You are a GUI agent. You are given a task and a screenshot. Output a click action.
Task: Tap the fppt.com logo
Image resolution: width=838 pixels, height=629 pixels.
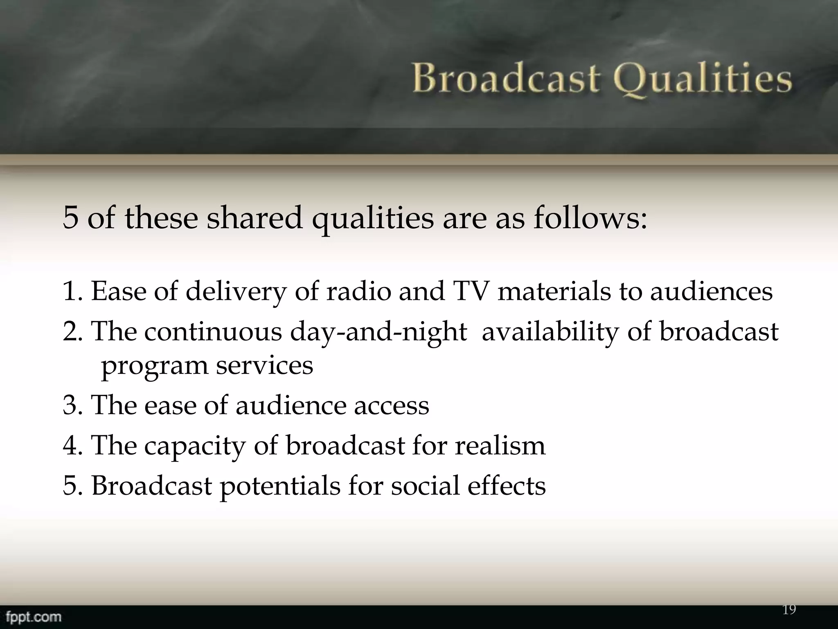pos(34,617)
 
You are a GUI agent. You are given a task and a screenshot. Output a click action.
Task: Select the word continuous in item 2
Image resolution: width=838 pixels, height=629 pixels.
pos(213,331)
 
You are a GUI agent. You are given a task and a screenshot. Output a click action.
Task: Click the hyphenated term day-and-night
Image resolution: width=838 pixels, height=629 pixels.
pos(378,332)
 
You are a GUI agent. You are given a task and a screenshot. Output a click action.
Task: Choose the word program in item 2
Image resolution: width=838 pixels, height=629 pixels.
pos(154,366)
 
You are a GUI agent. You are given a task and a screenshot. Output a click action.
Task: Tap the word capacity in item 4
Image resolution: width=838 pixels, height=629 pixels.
pos(194,446)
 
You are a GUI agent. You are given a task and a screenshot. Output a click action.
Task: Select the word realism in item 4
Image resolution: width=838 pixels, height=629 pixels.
pos(500,445)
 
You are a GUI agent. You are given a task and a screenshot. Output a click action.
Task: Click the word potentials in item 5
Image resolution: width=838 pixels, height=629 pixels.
pos(280,486)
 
